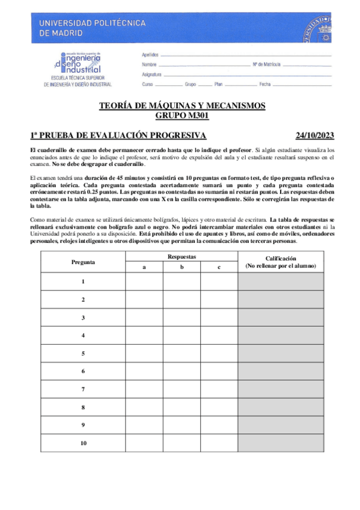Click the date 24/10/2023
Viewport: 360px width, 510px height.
coord(315,135)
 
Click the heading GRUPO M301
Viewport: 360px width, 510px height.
coord(182,115)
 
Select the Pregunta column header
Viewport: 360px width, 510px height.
coord(83,262)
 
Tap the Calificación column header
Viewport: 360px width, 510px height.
coord(280,262)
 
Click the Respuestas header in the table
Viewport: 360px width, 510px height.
coord(182,257)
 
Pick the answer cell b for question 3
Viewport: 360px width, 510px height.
coord(182,317)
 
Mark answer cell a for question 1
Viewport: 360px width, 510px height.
coord(144,281)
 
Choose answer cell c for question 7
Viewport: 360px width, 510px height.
coord(219,389)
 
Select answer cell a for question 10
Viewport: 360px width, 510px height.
coord(144,443)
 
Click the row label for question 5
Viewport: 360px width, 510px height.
coord(83,353)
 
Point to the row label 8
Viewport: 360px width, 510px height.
coord(83,407)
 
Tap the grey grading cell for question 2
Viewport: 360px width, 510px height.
coord(280,299)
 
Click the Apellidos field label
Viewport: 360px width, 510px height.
coord(150,54)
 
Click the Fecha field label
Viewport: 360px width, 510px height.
coord(266,84)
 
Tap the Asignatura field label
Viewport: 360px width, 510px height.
coord(152,74)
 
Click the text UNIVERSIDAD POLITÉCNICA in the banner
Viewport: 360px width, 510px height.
coord(93,23)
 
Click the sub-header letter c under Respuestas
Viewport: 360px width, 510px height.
coord(219,267)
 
